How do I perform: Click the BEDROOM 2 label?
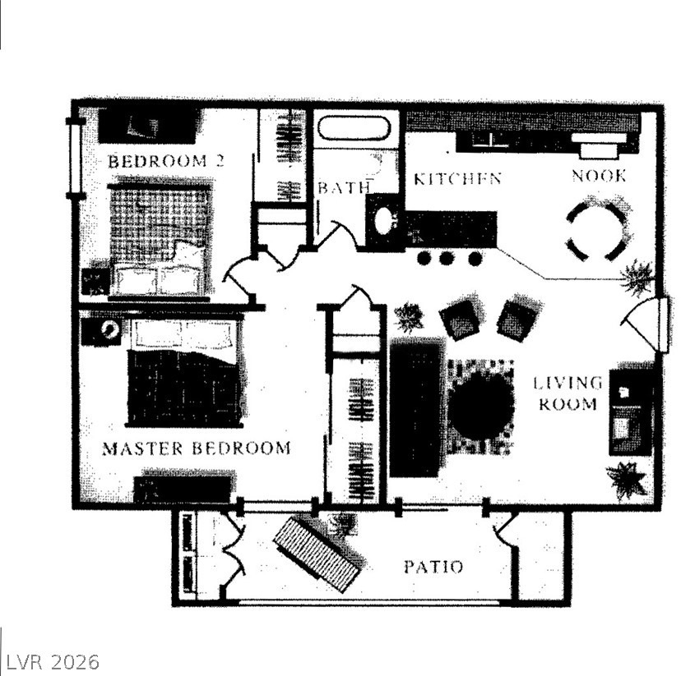click(166, 161)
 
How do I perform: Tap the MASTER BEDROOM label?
click(196, 448)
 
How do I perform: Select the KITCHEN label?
click(457, 178)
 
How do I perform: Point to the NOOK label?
click(599, 176)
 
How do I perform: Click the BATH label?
click(344, 188)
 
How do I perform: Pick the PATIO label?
click(433, 567)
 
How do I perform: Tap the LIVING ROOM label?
click(567, 393)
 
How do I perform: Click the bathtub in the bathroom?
click(354, 128)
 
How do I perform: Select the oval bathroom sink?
click(383, 221)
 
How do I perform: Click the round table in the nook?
click(597, 231)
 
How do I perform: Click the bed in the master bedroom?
click(184, 373)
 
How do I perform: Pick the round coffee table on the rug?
click(480, 407)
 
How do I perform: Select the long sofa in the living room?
click(416, 407)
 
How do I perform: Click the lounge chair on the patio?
click(318, 553)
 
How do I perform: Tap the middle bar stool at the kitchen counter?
click(446, 259)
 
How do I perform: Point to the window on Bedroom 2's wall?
click(75, 158)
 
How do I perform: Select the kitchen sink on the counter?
click(490, 140)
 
